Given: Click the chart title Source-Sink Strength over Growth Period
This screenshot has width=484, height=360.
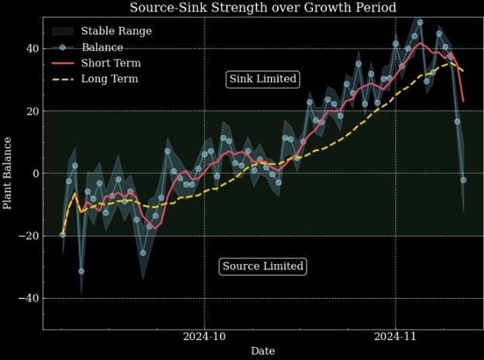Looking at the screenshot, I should [x=263, y=8].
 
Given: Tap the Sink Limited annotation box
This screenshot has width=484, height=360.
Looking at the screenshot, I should [x=263, y=79].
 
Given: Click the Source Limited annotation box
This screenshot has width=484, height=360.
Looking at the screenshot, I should [x=263, y=266].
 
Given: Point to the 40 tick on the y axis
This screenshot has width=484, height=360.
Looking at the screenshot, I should [x=31, y=49].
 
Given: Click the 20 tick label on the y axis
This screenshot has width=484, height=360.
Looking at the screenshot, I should [x=31, y=111].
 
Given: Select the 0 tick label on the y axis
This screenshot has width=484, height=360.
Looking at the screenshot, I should [x=34, y=173].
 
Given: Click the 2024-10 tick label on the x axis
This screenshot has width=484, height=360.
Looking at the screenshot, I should [x=204, y=337].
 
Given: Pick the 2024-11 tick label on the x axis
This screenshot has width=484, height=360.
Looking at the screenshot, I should [x=396, y=337].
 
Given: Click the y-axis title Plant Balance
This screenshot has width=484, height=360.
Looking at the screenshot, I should [x=8, y=173].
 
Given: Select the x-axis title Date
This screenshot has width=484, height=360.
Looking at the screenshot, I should [x=263, y=351].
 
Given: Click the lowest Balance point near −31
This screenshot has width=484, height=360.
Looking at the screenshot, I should [x=81, y=271].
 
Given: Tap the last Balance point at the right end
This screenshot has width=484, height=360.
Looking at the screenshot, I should [x=463, y=180].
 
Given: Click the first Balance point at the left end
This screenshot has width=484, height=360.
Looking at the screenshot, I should [x=63, y=234].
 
